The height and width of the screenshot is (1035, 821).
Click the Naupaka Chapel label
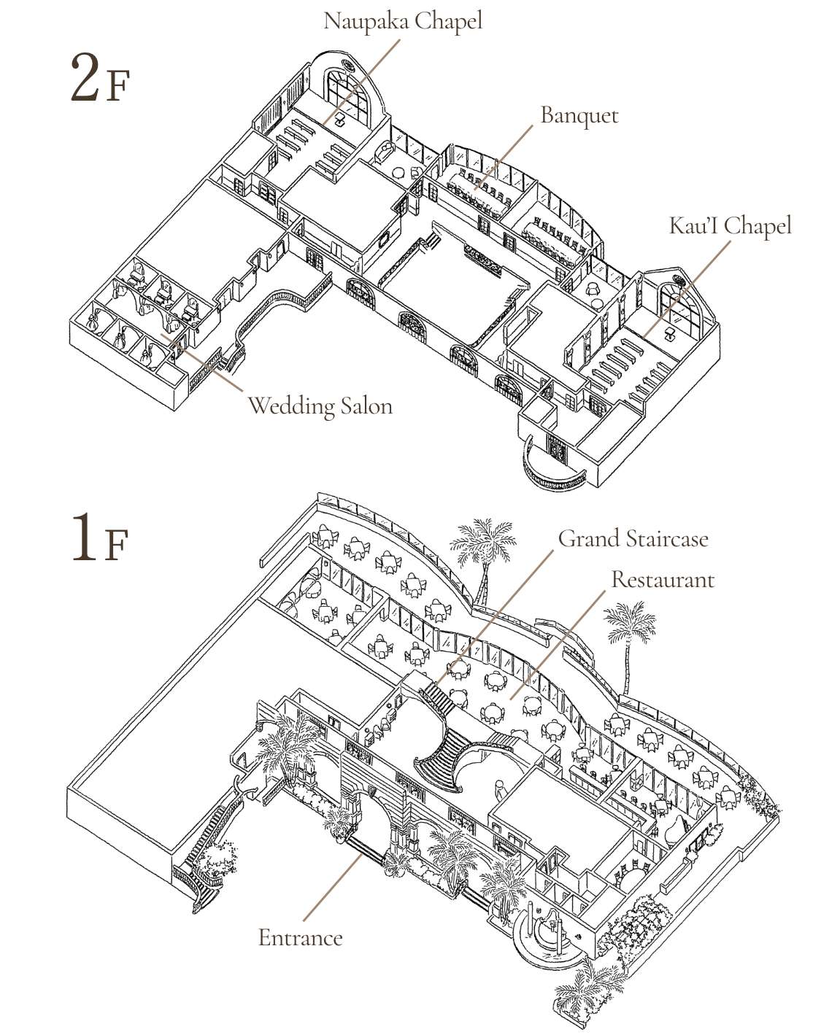402,20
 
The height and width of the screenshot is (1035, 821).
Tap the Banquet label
579,116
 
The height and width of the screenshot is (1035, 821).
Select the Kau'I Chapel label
729,225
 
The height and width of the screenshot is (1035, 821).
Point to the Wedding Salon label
320,406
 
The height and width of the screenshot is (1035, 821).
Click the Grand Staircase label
633,538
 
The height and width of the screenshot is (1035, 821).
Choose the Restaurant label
662,579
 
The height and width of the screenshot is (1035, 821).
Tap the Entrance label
300,937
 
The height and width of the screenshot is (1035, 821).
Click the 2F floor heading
99,79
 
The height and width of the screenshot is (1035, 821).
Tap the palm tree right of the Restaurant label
628,635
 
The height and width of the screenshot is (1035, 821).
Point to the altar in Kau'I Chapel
671,332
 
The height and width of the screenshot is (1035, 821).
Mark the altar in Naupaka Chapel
340,122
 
